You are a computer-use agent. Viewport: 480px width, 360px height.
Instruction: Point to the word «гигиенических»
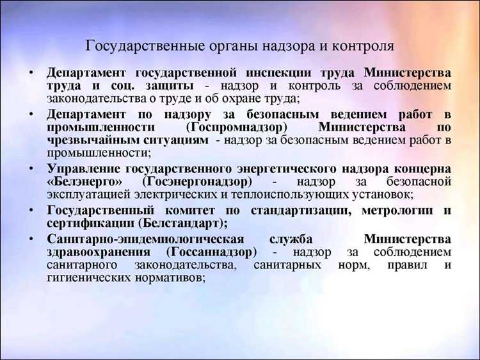pos(83,278)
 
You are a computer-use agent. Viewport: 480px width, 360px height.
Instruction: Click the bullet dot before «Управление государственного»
pos(31,168)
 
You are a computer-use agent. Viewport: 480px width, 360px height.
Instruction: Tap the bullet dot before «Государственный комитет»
pos(31,210)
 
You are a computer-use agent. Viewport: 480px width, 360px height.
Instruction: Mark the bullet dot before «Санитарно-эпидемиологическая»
pos(31,238)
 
